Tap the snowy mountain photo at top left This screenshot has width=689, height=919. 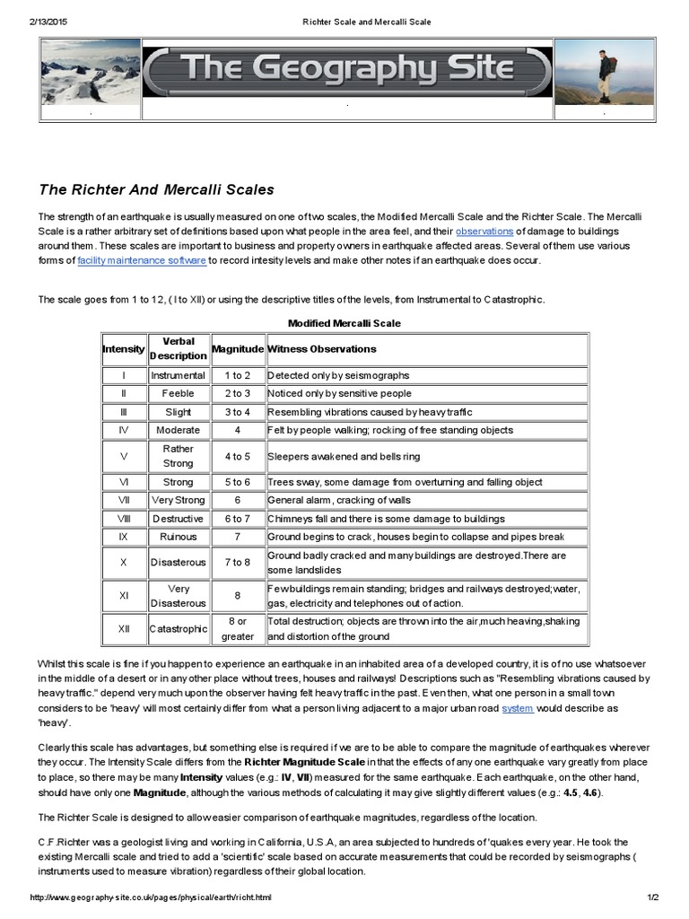tap(91, 71)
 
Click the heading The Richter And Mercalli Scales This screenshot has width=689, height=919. tap(156, 189)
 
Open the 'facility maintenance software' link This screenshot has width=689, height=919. tap(142, 260)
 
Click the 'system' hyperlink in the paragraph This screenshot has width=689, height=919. tap(518, 708)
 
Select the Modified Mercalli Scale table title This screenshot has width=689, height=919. tap(344, 323)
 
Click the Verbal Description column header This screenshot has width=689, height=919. tap(178, 348)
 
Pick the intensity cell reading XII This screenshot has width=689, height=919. tap(124, 629)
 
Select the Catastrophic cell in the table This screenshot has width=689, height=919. tap(178, 629)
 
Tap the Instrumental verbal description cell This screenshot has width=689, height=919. tap(178, 375)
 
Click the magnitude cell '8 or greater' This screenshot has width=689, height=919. tap(237, 629)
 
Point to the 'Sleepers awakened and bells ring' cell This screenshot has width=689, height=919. tap(343, 456)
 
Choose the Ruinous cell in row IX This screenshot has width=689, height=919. tap(178, 537)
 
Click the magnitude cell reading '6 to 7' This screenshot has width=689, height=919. tap(237, 519)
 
